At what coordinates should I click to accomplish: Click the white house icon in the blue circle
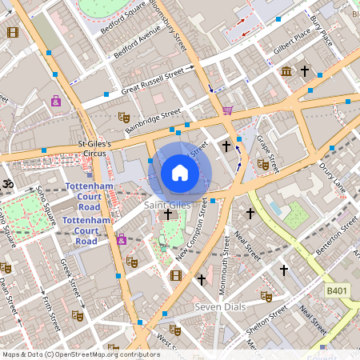coord(180,172)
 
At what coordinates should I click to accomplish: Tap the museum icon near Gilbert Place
coord(286,73)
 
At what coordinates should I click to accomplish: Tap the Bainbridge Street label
coord(153,120)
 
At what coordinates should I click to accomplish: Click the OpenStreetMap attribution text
coord(80,354)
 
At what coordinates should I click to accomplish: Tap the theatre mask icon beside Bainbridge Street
coord(124,117)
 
